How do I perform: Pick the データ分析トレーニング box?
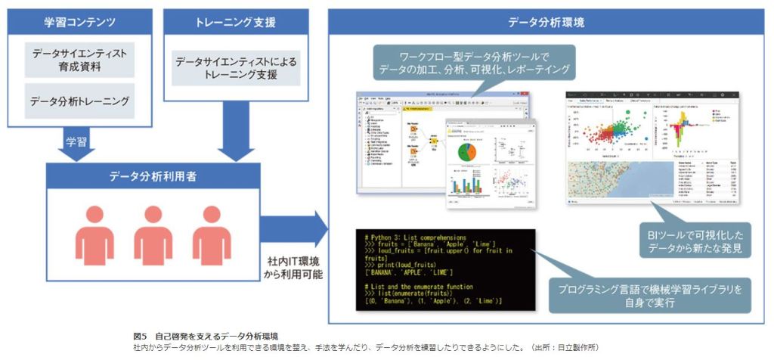79,101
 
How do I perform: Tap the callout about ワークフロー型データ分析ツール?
475,64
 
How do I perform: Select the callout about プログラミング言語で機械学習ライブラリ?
650,296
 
